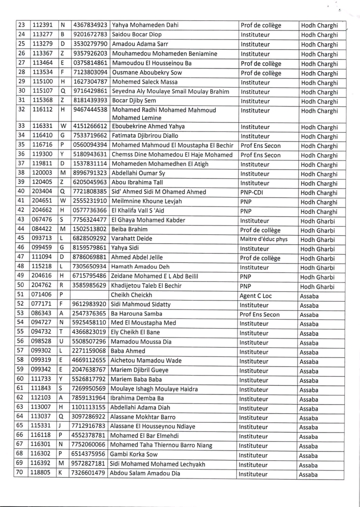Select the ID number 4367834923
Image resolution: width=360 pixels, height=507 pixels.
pyautogui.click(x=90, y=25)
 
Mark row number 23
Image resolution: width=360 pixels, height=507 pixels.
pyautogui.click(x=21, y=25)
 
